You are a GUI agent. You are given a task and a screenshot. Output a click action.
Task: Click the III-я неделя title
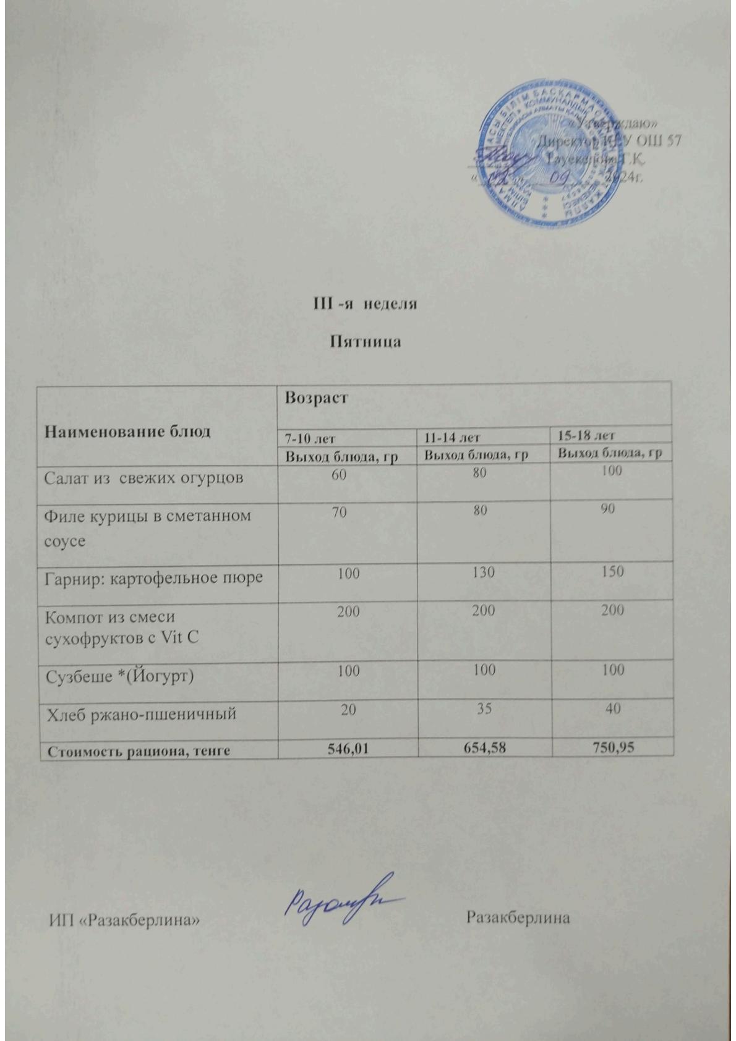pyautogui.click(x=364, y=304)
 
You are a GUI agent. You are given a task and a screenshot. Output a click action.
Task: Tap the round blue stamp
pyautogui.click(x=552, y=159)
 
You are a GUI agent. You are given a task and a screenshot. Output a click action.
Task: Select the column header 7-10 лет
pyautogui.click(x=309, y=438)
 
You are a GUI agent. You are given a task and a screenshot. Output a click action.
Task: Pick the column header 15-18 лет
pyautogui.click(x=586, y=436)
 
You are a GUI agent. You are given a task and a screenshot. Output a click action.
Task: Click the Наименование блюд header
pyautogui.click(x=127, y=431)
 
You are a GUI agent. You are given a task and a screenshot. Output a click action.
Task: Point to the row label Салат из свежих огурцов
pyautogui.click(x=143, y=478)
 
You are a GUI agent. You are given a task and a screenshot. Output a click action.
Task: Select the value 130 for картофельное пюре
pyautogui.click(x=482, y=572)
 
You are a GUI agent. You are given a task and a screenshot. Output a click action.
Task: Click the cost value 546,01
pyautogui.click(x=348, y=749)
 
